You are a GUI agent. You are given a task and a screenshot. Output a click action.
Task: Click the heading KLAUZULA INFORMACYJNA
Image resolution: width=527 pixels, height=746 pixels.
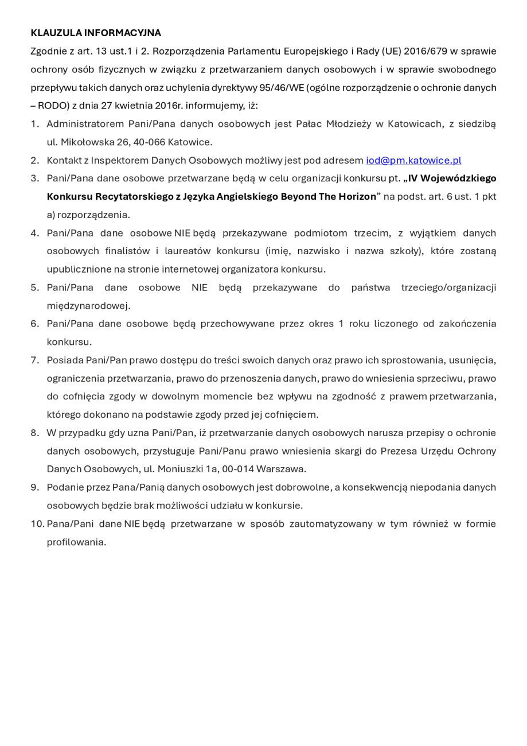tap(96, 33)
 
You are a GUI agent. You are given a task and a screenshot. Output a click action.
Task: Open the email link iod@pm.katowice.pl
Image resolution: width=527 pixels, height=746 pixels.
tap(413, 160)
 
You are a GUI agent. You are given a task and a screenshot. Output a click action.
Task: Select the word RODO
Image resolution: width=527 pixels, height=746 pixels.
tap(53, 106)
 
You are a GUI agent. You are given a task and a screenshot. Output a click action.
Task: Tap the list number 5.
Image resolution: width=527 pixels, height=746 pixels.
tap(35, 287)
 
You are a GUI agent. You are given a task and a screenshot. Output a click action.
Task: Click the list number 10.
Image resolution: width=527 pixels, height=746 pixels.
tap(37, 523)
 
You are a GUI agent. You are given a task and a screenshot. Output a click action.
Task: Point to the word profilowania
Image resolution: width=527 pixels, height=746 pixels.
tap(76, 542)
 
